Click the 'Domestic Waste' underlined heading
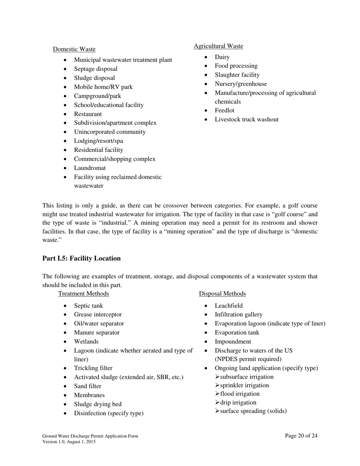coord(74,49)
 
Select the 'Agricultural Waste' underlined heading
coord(218,46)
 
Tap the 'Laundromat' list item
coord(90,168)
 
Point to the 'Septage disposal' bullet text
coord(95,69)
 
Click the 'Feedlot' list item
coord(224,111)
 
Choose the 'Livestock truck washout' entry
coord(246,120)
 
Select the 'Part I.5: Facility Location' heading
coord(81,258)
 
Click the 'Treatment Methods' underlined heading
coord(83,294)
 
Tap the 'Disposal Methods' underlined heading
coord(222,294)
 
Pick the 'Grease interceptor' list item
coord(98,314)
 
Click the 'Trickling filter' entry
coord(93,368)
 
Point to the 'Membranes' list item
coord(89,395)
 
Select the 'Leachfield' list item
coord(229,306)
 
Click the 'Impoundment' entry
coord(233,342)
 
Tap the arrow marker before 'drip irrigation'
coord(217,403)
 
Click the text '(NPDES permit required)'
coord(248,359)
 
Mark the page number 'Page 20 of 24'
coord(301,436)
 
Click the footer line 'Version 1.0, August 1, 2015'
coord(69,442)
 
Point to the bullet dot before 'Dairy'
coord(206,57)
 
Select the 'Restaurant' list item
coord(88,114)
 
